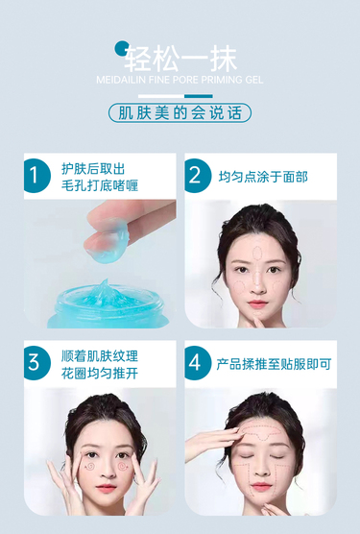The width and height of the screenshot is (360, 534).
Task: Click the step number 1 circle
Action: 36,176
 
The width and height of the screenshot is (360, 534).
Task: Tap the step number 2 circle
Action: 198,176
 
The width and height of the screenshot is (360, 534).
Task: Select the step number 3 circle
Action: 36,363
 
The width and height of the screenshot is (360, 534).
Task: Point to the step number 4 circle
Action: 198,363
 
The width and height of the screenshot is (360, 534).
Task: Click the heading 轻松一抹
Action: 180,59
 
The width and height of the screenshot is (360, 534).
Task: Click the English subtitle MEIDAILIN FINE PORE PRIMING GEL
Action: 180,80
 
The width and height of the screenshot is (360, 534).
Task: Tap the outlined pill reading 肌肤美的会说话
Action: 180,113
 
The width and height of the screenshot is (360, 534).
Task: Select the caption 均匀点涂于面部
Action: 263,177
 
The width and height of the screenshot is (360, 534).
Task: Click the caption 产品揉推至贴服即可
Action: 274,364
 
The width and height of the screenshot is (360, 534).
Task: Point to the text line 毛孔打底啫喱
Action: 100,186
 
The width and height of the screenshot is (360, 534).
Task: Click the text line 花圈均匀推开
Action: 100,374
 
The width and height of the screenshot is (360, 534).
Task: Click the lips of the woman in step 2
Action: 257,303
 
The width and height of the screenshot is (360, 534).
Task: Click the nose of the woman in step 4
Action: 261,469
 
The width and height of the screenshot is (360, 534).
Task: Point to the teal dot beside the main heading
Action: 122,48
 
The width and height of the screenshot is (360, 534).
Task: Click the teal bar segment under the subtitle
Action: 199,96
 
